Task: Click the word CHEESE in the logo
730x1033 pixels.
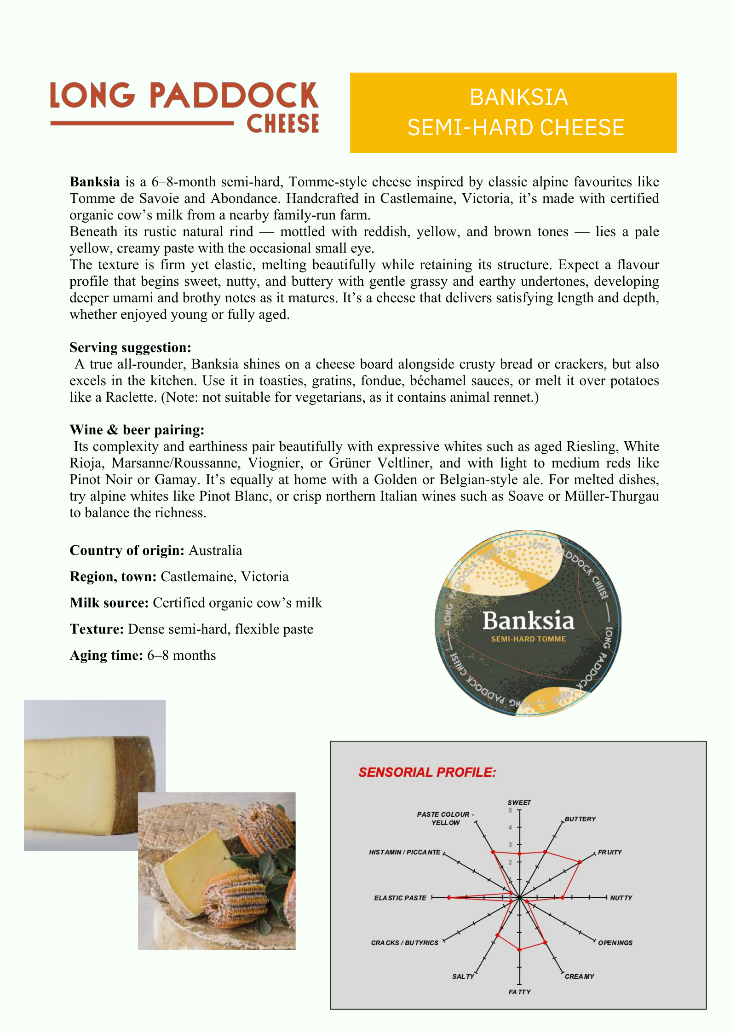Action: click(282, 124)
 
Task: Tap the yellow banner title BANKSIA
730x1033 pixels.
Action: click(518, 98)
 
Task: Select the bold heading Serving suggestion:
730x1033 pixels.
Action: click(130, 347)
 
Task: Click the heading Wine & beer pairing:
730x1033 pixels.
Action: click(137, 430)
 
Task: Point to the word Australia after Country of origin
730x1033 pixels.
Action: click(215, 551)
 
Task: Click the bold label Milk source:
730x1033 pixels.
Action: click(109, 603)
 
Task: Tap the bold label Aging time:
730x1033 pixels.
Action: click(106, 656)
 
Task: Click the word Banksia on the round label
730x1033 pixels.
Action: click(528, 621)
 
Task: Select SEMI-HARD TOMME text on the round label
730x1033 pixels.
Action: click(528, 639)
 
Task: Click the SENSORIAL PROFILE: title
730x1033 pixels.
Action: click(427, 773)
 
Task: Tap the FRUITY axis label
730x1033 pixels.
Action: click(609, 853)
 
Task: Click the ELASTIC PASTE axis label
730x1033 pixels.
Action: click(400, 898)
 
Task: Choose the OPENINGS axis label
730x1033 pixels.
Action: click(615, 943)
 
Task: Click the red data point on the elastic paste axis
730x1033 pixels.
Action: click(449, 898)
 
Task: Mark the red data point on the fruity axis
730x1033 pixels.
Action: click(580, 862)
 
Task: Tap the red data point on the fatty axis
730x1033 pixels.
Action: click(519, 950)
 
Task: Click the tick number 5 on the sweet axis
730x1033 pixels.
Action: click(510, 811)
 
